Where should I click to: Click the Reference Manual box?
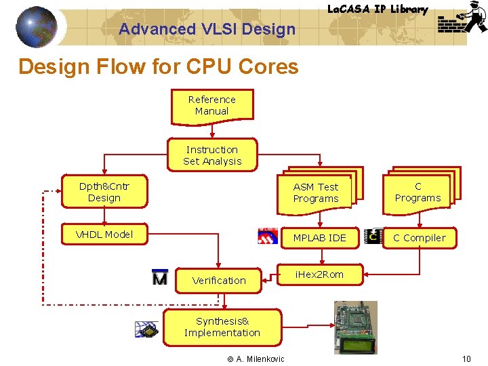point(212,106)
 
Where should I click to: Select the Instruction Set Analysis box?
point(212,155)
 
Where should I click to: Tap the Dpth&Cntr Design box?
point(104,192)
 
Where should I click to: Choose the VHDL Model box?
point(104,235)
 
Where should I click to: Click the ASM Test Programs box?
point(316,192)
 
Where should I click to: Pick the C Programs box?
point(418,192)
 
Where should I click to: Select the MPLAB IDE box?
point(319,238)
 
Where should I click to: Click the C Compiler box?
point(419,238)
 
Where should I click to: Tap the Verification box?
point(219,280)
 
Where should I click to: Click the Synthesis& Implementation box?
point(222,327)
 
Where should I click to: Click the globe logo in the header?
point(36,26)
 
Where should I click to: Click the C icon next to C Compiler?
point(373,237)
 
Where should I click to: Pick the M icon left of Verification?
point(160,278)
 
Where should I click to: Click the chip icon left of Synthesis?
point(146,329)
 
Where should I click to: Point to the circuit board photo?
point(354,327)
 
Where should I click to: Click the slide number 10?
point(466,359)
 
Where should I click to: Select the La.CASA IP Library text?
point(378,9)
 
